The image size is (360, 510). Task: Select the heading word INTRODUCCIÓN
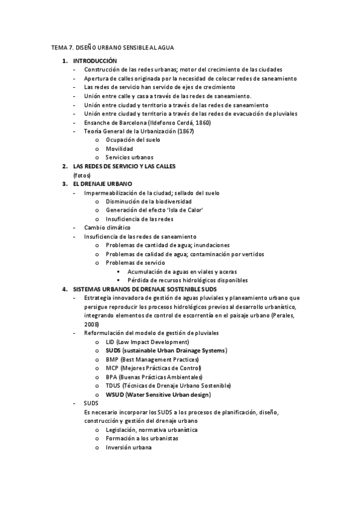(x=95, y=61)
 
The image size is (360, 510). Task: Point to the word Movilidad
(x=119, y=149)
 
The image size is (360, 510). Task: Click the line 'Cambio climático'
(x=106, y=228)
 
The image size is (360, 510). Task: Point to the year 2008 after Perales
(x=91, y=324)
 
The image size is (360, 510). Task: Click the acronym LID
(x=111, y=342)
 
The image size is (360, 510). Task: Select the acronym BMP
(x=112, y=359)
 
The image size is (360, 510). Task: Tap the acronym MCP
(x=112, y=368)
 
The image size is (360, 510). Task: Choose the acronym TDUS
(x=114, y=386)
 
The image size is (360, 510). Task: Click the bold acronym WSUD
(x=115, y=395)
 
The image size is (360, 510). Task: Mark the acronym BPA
(x=112, y=376)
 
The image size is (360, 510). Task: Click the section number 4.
(x=65, y=289)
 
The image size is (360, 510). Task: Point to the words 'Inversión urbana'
(x=128, y=447)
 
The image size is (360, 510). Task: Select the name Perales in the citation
(x=282, y=315)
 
